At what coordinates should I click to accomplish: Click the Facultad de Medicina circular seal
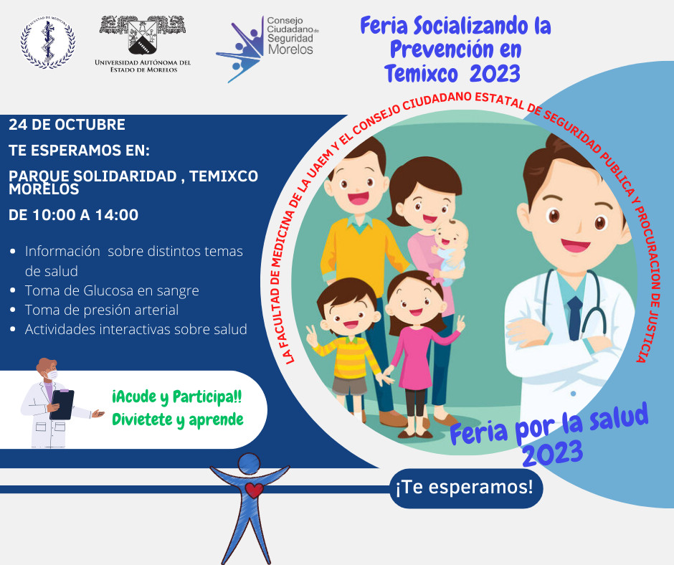pos(48,42)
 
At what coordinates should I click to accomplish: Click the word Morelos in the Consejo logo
pos(290,49)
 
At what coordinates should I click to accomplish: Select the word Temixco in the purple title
pos(422,74)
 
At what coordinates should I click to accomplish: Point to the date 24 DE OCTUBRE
pos(67,125)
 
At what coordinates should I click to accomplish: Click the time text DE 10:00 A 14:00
pos(74,215)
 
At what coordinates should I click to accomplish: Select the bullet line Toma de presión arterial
pos(101,310)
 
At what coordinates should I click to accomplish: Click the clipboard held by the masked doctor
pos(62,404)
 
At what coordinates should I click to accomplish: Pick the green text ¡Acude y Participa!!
pos(176,397)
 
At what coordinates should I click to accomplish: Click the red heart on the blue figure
pos(254,490)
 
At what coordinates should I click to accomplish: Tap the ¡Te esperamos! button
pos(466,488)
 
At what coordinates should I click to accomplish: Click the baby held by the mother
pos(449,250)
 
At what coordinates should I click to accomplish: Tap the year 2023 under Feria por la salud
pos(553,454)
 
